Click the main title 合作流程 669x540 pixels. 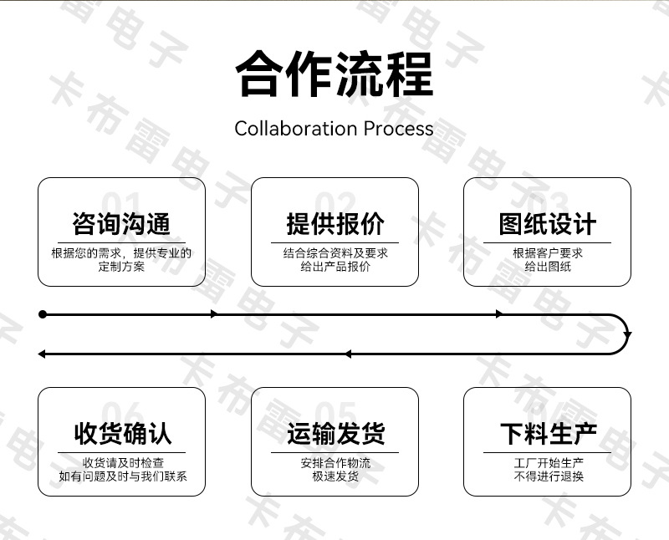coord(334,74)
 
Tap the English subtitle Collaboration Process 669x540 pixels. coord(334,129)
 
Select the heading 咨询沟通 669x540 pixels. coord(121,224)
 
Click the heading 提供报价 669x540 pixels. coord(335,224)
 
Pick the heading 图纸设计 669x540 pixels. coord(548,224)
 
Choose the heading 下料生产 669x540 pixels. coord(549,434)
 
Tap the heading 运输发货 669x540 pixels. coord(336,434)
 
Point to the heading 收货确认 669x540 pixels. coord(123,434)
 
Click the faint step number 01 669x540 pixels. coord(121,202)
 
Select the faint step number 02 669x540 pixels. coord(335,202)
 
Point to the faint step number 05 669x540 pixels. coord(335,412)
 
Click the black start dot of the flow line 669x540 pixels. coord(43,314)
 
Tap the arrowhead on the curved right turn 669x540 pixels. coord(627,335)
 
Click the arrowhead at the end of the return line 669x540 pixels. coord(41,354)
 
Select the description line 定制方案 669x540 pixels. coord(121,267)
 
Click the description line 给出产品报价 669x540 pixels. coord(335,267)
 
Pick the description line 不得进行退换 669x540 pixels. coord(549,476)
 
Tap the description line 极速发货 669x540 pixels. coord(335,476)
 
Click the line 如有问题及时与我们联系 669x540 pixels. coord(123,476)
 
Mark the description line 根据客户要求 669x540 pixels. coord(548,253)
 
